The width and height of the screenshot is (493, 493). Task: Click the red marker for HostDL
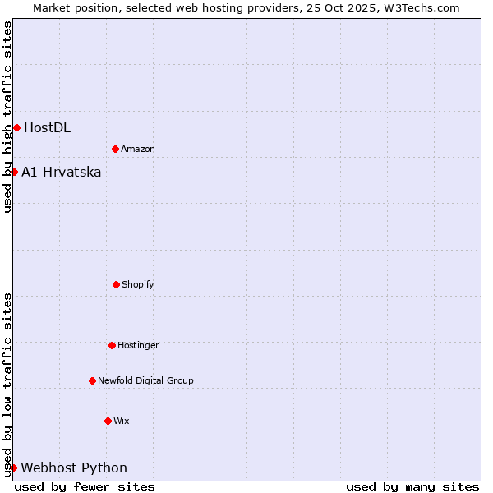click(16, 127)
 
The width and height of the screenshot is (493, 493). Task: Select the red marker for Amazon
click(115, 149)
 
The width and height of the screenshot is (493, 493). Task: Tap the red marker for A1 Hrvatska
click(14, 172)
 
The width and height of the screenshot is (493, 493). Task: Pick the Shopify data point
click(116, 284)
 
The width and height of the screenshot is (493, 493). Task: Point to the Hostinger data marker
click(112, 345)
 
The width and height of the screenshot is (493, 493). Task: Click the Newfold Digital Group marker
click(92, 380)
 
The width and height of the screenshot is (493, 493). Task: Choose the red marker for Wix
click(108, 421)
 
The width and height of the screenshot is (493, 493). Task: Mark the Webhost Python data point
click(13, 468)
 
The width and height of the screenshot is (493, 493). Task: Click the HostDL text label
click(47, 127)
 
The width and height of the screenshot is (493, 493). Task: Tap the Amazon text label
click(138, 149)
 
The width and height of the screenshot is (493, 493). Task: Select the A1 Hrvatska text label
click(62, 172)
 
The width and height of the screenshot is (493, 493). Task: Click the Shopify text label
click(138, 284)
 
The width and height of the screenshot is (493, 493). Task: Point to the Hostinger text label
click(138, 345)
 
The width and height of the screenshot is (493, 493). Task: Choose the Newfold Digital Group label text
click(145, 380)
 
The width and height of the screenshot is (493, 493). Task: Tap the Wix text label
click(122, 421)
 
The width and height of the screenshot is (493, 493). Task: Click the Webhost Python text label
click(74, 468)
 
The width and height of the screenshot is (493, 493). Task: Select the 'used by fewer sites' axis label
click(85, 486)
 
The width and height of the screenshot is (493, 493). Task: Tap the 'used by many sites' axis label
click(412, 486)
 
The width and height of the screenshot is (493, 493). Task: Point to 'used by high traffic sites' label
click(7, 117)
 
